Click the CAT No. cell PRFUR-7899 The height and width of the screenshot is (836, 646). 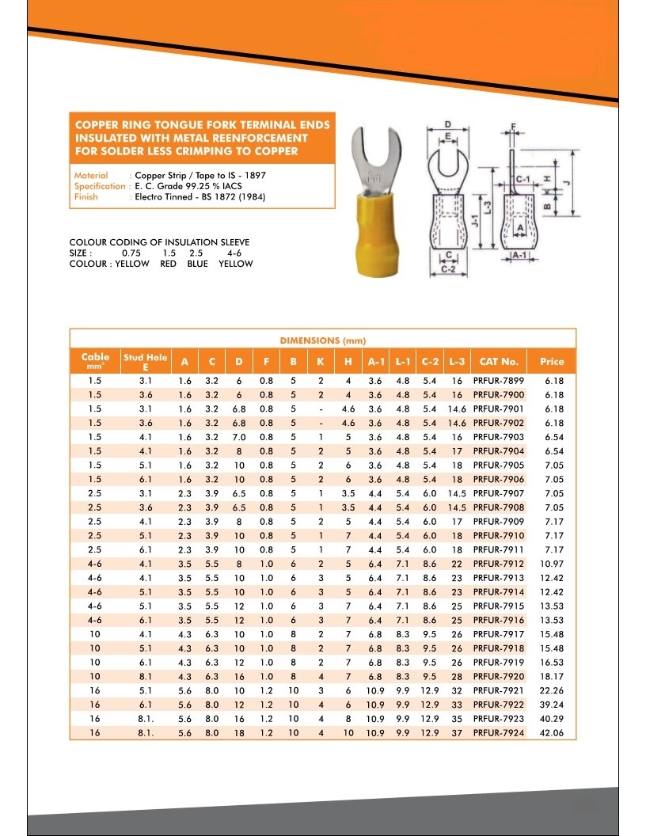click(499, 381)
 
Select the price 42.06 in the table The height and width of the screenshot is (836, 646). click(553, 733)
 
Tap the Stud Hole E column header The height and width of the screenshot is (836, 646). click(145, 362)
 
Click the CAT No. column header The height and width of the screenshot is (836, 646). click(499, 362)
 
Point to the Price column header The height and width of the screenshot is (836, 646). click(553, 362)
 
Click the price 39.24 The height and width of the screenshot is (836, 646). click(553, 705)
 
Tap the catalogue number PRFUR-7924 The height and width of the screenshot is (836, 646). click(499, 733)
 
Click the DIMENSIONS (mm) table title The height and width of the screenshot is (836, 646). click(322, 340)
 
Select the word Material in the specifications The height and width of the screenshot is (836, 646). click(90, 175)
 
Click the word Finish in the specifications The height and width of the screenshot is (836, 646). click(85, 197)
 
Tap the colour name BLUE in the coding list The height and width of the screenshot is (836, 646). click(197, 264)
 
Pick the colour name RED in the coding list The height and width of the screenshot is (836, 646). click(168, 264)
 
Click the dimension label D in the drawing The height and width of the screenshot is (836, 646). click(448, 125)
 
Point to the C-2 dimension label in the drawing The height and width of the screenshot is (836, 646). click(448, 270)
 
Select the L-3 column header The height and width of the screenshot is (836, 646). click(457, 362)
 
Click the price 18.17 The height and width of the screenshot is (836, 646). click(553, 677)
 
